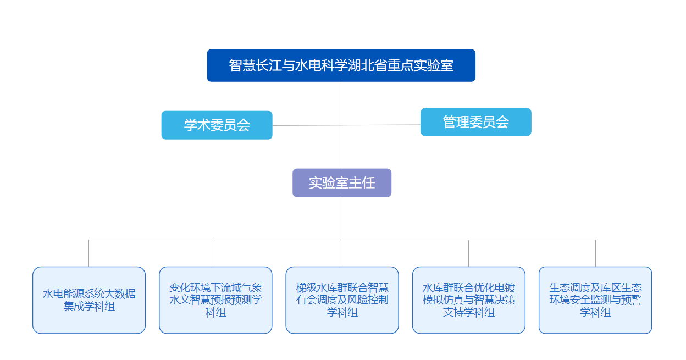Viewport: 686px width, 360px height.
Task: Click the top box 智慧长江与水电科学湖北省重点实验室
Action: point(341,65)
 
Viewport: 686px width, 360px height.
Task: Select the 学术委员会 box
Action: point(217,125)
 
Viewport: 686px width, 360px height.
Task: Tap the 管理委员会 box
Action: point(475,122)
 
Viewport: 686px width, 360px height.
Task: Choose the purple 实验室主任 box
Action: point(341,182)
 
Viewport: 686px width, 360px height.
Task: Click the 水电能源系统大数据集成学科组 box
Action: point(89,300)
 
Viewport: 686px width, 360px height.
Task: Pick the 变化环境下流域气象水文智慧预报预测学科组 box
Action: point(215,300)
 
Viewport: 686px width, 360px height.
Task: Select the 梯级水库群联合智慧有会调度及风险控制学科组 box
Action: point(342,300)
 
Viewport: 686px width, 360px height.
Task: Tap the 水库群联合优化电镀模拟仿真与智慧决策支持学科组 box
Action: point(468,300)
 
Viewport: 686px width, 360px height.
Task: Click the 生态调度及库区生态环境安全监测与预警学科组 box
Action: point(595,300)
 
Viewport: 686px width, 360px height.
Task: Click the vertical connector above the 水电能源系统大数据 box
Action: point(89,253)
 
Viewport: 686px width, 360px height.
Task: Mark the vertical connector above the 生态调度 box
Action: point(595,253)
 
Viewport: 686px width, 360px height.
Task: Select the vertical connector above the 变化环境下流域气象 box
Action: point(215,253)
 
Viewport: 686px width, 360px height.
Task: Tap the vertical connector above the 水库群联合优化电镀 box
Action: point(468,253)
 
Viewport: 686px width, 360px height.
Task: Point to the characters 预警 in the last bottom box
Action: point(631,300)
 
